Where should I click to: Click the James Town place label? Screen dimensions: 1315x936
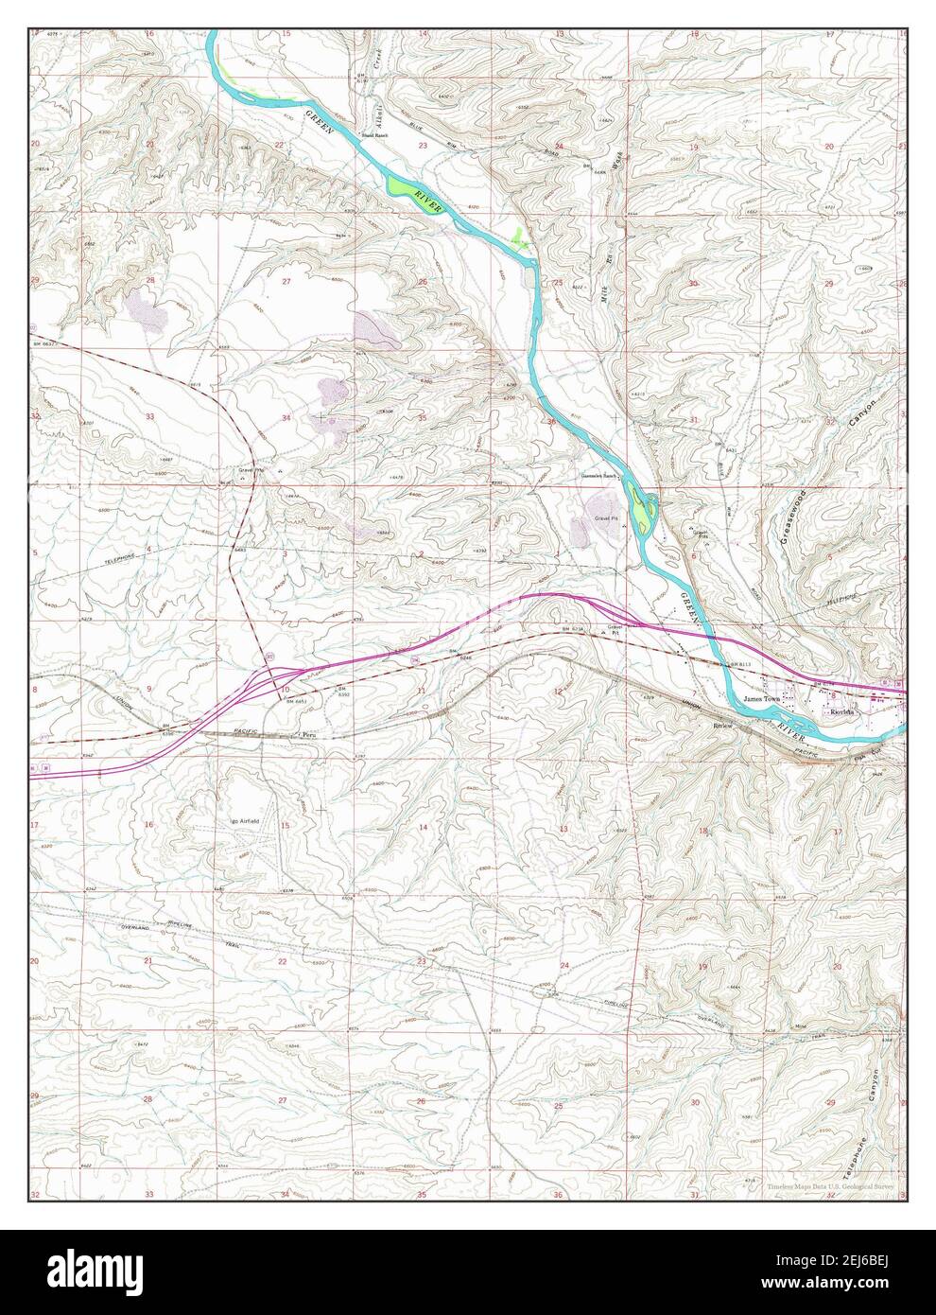tap(763, 699)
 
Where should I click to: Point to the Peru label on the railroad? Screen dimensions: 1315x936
tap(304, 733)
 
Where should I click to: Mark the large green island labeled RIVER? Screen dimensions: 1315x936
tap(416, 197)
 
